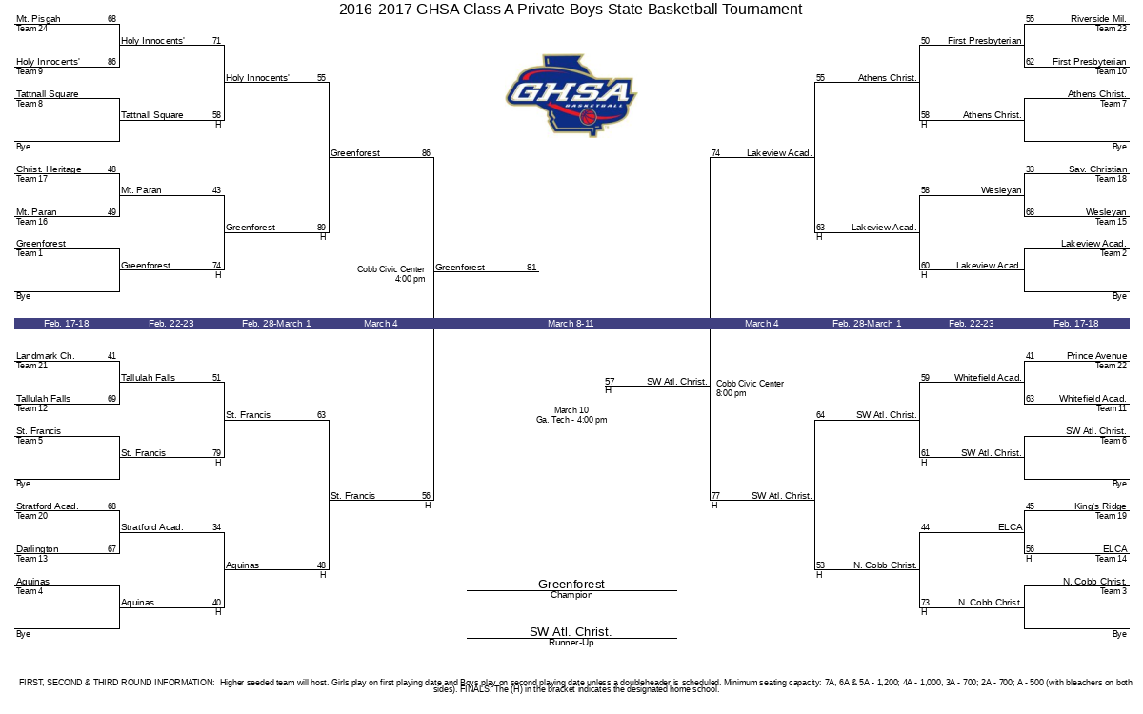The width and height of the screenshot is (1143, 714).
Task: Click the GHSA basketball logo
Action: click(571, 95)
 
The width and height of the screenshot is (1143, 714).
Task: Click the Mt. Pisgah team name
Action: click(38, 19)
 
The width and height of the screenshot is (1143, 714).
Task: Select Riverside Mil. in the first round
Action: click(1098, 19)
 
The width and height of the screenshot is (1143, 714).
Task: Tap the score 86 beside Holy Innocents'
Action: click(111, 62)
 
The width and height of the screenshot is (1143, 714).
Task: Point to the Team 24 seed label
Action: click(31, 29)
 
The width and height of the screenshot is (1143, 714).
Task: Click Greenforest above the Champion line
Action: click(571, 584)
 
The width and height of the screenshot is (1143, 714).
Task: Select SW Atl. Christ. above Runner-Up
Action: click(571, 631)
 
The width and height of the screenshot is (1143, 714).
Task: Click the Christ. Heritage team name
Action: click(49, 169)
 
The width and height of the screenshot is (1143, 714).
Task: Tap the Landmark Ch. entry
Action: click(46, 356)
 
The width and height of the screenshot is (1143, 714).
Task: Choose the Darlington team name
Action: click(37, 549)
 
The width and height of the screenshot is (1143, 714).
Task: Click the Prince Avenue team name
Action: click(1096, 356)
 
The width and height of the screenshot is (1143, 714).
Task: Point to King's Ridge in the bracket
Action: click(1100, 506)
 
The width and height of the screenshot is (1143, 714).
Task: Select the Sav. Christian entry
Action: click(1097, 169)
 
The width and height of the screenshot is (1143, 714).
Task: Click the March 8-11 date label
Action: click(571, 324)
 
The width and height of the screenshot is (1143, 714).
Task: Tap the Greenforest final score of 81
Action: click(531, 268)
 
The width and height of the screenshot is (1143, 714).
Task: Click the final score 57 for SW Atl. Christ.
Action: click(610, 382)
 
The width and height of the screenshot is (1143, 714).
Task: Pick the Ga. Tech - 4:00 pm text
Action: click(571, 420)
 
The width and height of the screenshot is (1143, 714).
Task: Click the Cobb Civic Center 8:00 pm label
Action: click(750, 388)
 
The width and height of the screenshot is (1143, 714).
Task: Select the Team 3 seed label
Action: click(1113, 591)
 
